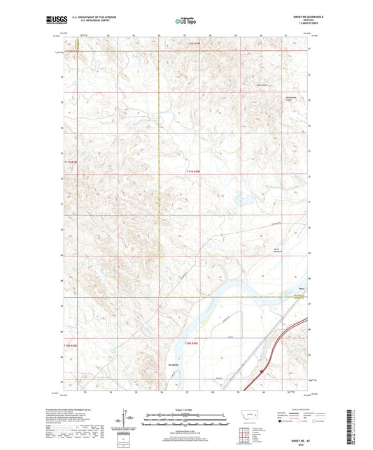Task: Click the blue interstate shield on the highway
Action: click(x=262, y=371)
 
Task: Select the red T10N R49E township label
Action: click(x=193, y=344)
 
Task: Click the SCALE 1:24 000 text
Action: click(x=185, y=409)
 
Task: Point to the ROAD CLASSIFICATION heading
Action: click(x=297, y=409)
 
